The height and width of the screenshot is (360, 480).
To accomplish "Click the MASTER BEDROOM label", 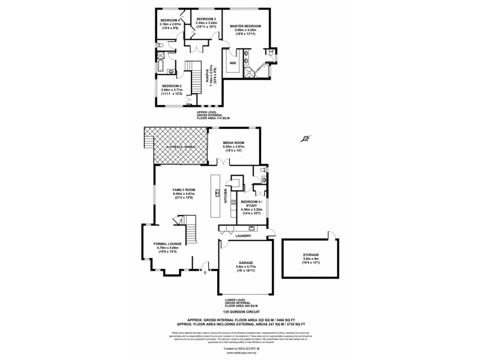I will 245,26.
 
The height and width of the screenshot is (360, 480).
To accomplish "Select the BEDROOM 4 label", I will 170,20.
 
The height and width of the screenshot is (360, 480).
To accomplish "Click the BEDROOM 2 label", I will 172,86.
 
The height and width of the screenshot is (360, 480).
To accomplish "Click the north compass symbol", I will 306,139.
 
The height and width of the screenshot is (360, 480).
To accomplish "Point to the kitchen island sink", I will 218,193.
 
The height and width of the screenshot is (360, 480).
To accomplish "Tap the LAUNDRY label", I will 244,236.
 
